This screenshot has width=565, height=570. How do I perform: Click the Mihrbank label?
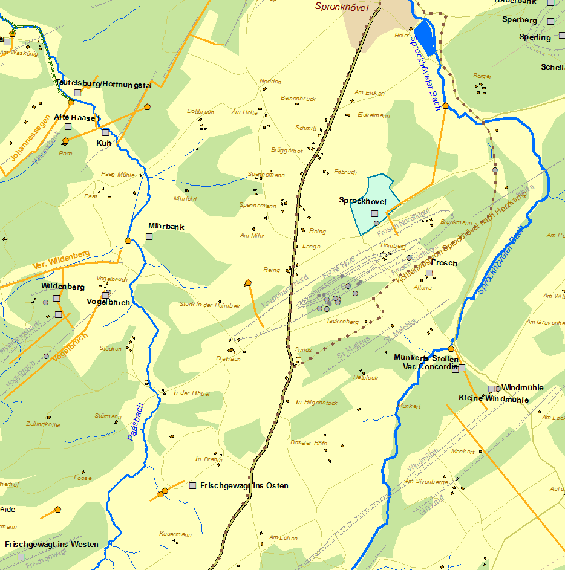coord(166,227)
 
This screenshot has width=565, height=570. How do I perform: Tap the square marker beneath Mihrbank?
coord(149,236)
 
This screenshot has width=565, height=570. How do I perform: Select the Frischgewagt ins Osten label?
coord(244,485)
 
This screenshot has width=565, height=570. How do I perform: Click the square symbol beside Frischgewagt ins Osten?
coord(193,485)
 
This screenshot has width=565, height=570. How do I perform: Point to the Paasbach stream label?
coord(136,421)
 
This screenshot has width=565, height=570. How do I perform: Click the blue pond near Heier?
coord(426,36)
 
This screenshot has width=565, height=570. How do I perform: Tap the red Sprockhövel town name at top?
coord(341,7)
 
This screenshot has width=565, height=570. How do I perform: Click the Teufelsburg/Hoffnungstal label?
coord(103,84)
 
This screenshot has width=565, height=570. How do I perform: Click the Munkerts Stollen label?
coord(426,358)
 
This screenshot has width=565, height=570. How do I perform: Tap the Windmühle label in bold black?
coord(522,387)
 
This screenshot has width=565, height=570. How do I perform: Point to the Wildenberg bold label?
coord(63,286)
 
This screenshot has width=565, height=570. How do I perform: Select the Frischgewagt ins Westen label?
coord(51,544)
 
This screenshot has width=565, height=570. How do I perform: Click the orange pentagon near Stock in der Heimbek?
coord(248,282)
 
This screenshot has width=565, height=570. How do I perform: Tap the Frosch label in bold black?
coord(444,263)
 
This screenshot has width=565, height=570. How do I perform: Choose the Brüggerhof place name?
coord(287,151)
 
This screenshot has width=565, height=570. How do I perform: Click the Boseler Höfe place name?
coord(309,443)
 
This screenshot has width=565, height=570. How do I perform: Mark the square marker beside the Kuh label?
coord(105,132)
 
